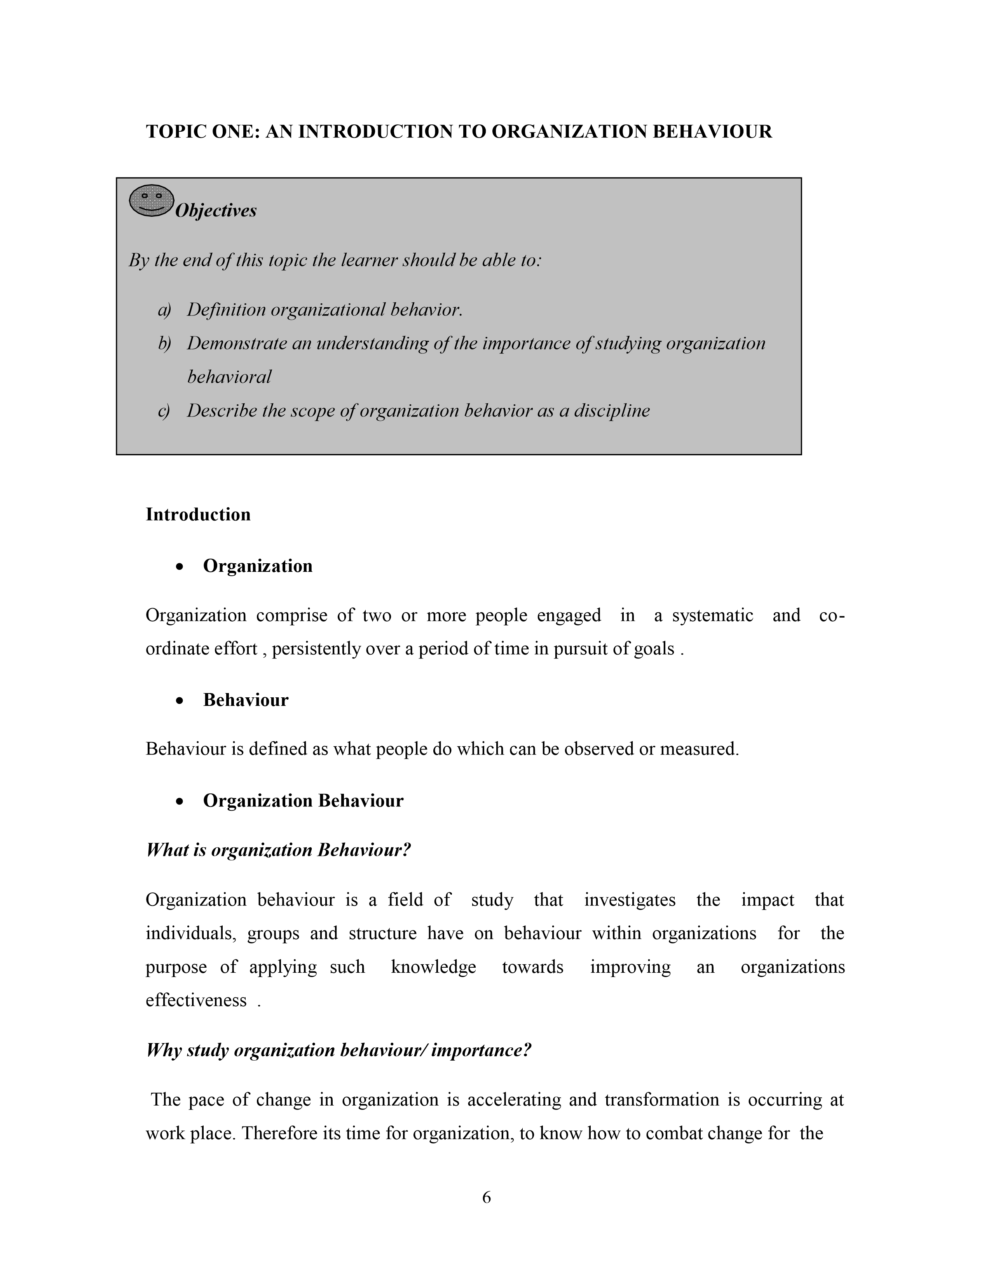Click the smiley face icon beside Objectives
[x=151, y=201]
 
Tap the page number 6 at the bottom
[x=486, y=1197]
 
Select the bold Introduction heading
[x=198, y=515]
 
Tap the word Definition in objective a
[x=226, y=310]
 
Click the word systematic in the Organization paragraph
[x=712, y=616]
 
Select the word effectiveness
[x=196, y=1001]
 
